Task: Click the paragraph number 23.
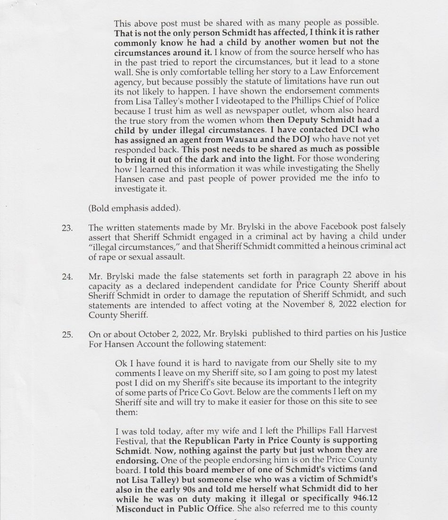coord(67,228)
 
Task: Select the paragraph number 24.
coord(67,277)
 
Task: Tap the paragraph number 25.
coord(67,335)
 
